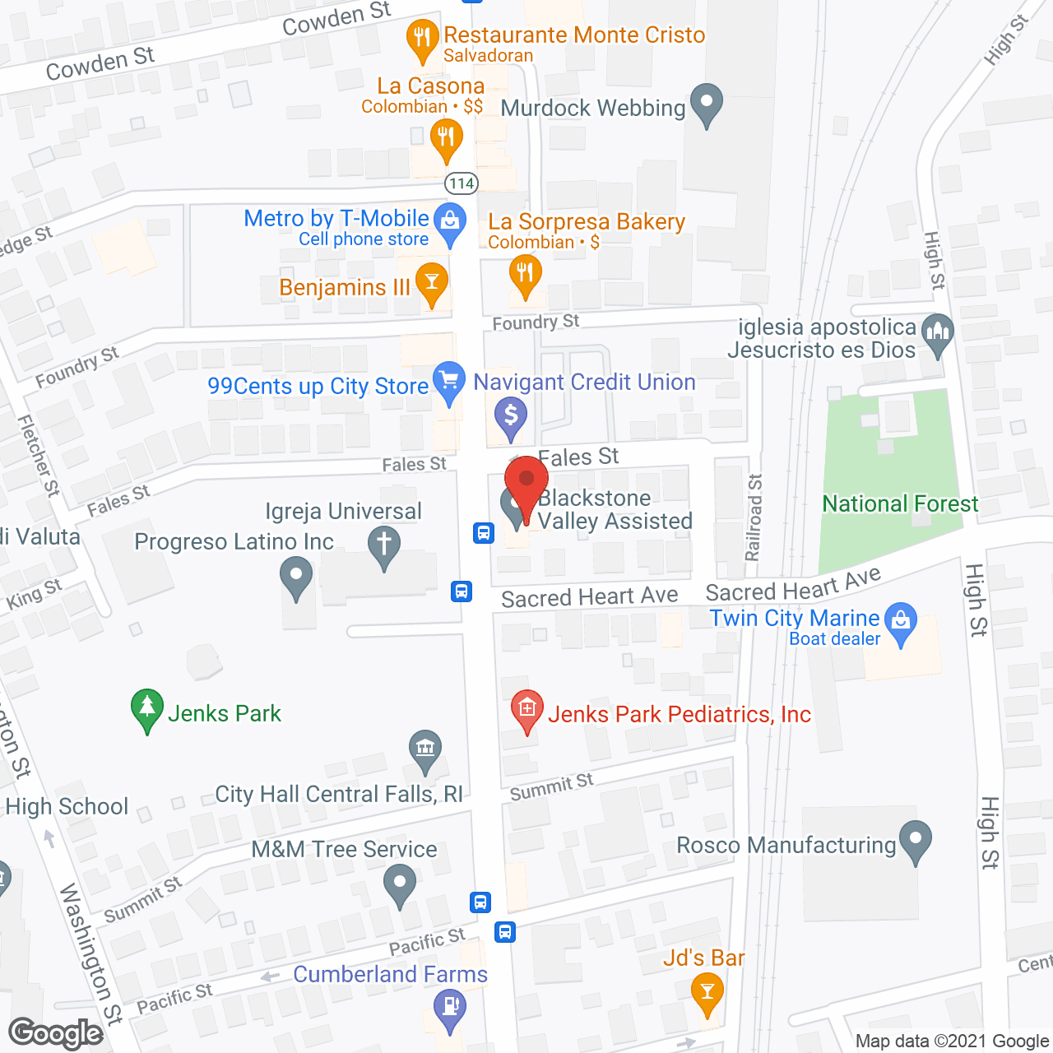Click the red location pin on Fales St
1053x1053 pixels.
[x=526, y=480]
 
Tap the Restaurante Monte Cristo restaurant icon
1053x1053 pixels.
[x=422, y=39]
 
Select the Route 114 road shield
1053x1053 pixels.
[x=461, y=183]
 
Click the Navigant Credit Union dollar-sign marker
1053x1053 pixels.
[x=511, y=415]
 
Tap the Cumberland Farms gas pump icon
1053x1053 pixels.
[x=450, y=1007]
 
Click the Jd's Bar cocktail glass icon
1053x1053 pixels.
[x=706, y=990]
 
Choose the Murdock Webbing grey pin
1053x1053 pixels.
[x=706, y=104]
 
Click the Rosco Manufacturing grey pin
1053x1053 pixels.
[x=915, y=840]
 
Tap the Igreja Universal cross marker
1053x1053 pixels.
[x=383, y=545]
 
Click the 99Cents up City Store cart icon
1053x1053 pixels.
[x=448, y=382]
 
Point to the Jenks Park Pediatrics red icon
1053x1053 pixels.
[x=527, y=709]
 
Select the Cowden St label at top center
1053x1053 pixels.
[x=336, y=19]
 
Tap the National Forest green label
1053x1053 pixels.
[x=900, y=503]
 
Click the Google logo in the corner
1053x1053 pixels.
[x=56, y=1032]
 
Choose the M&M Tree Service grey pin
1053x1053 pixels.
[x=400, y=886]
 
